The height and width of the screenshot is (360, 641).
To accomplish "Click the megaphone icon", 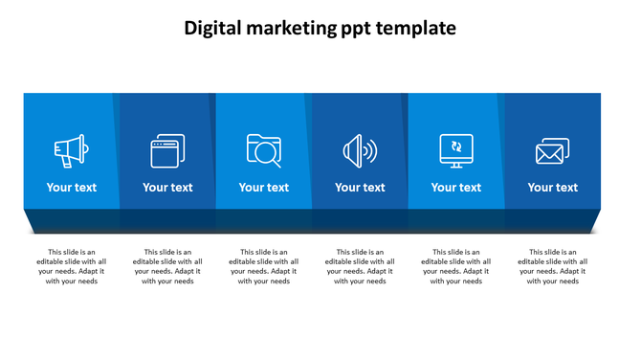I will (x=71, y=150).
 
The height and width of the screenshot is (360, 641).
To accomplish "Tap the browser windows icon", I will (x=167, y=150).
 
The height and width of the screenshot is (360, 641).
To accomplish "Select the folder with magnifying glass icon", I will (x=263, y=150).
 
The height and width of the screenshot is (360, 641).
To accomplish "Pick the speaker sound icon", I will (x=360, y=150).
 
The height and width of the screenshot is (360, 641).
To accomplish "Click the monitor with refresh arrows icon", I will (x=455, y=150).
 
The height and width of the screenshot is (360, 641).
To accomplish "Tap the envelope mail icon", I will (x=552, y=150).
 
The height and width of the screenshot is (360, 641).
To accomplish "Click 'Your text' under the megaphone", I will (x=72, y=188).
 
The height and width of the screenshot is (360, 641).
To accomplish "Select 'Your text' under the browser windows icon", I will (x=167, y=188).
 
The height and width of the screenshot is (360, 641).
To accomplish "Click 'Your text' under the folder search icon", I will (x=264, y=188).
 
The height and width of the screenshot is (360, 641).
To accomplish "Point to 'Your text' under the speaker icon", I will (x=360, y=188).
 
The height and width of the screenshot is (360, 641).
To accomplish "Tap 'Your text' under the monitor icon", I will (x=456, y=188).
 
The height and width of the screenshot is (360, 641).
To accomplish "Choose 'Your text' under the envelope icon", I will (x=553, y=188).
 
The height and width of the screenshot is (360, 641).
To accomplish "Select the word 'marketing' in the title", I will (x=294, y=29).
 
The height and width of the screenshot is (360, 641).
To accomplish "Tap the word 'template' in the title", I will (x=416, y=29).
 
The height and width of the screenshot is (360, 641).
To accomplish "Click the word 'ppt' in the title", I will (x=357, y=29).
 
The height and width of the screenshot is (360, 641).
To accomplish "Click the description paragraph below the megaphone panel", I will (x=72, y=267).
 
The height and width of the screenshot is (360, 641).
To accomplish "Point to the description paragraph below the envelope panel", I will (x=553, y=267).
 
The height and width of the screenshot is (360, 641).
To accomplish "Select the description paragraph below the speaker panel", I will (x=360, y=267).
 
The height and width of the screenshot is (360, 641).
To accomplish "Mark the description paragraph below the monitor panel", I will (x=456, y=267).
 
